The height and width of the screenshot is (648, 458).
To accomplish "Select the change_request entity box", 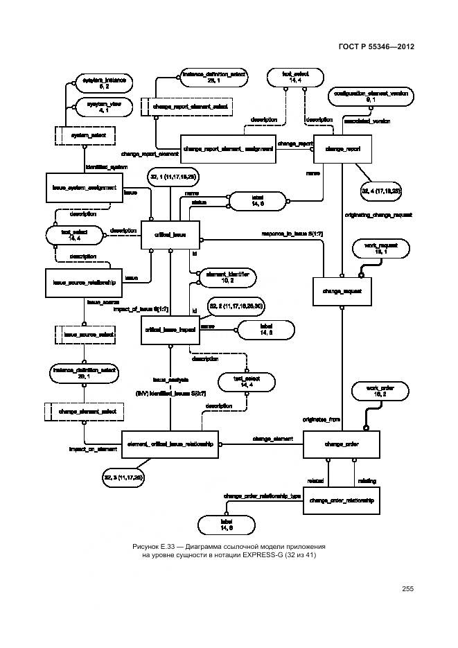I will (338, 292).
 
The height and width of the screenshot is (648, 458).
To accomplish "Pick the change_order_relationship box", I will (342, 499).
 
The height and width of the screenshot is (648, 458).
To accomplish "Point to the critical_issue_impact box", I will (169, 331).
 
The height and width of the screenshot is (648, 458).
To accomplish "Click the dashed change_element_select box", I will (83, 411).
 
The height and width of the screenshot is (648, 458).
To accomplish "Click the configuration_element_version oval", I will (371, 96).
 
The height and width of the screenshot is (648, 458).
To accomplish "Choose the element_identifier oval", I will (227, 278).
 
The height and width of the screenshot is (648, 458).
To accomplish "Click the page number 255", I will (407, 588).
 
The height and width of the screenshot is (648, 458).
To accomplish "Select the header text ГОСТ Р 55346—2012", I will (377, 48).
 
